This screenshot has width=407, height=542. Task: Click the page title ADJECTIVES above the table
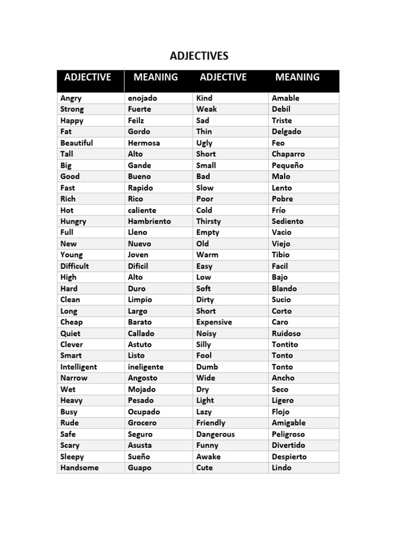pos(199,56)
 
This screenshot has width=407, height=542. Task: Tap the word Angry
pos(71,98)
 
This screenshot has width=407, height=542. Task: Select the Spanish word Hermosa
pos(144,143)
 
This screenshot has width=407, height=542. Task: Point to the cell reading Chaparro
pos(288,154)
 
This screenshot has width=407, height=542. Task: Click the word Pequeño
pos(287,165)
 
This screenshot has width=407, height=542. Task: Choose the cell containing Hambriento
pos(149,221)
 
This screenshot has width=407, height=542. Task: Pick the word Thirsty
pos(208,221)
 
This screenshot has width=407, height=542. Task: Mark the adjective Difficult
pos(75,266)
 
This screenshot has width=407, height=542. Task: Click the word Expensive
pos(214,322)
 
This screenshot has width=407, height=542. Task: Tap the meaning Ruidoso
pos(286,333)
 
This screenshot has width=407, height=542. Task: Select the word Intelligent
pos(79,367)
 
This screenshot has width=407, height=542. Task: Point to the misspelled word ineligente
pos(146,367)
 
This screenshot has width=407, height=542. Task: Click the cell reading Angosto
pos(143,378)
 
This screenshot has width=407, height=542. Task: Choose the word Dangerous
pos(215,434)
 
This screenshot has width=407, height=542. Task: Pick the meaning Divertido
pos(288,445)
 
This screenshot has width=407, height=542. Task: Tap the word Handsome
pos(79,467)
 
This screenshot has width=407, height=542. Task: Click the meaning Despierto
pos(289,457)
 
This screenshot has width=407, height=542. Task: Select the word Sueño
pos(139,457)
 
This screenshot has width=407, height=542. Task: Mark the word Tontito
pos(285,345)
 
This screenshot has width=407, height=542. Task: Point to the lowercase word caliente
pos(142,210)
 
